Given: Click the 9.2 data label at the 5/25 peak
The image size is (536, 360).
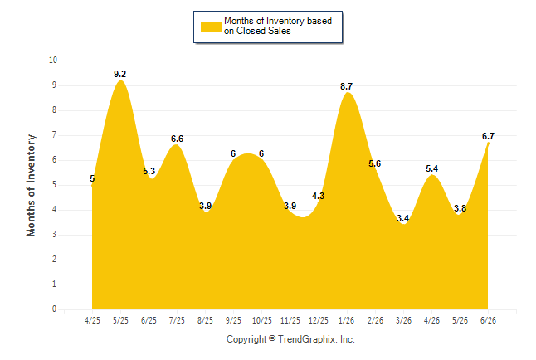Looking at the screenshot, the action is coord(119,74).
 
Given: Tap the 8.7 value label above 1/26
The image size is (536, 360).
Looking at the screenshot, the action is coord(346,86).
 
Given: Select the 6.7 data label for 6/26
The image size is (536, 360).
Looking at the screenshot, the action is coord(488,136).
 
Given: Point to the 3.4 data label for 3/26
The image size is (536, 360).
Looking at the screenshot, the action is coord(403,218).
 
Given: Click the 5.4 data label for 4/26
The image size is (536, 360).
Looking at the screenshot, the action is coord(431,168).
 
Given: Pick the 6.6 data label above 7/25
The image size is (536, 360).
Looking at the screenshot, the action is coord(177,139).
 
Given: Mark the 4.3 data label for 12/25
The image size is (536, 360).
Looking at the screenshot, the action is coord(319,196).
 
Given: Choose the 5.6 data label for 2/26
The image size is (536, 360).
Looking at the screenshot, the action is coord(375,163).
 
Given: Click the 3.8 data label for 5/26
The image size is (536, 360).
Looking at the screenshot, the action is coord(460,208).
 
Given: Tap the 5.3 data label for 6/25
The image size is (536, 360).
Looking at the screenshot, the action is coord(149,171).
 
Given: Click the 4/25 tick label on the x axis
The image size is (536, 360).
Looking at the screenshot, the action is coord(92,320).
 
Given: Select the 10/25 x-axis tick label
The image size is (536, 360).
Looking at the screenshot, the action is coord(262,320).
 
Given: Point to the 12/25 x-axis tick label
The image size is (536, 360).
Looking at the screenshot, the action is coord(319,320).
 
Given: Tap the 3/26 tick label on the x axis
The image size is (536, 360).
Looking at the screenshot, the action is coord(403,320).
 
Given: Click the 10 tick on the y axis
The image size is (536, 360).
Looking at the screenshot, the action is coord(53,61).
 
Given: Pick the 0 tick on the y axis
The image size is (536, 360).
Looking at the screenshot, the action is coord(55,309).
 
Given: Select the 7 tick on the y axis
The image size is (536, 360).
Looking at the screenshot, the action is coord(55,135).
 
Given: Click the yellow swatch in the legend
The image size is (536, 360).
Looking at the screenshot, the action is coord(211,27).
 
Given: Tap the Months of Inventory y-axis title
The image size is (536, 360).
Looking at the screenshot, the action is coord(31,185).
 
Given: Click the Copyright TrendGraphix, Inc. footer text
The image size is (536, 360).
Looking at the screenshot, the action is coord(290,339).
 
